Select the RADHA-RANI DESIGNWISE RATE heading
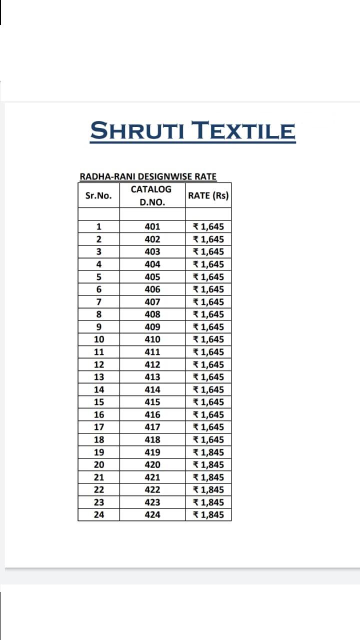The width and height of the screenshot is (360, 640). [148, 176]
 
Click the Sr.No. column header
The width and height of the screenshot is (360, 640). [98, 195]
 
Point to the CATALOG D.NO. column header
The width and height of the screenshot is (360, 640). [151, 195]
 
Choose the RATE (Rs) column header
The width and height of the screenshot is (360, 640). [208, 195]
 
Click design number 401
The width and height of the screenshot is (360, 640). [152, 227]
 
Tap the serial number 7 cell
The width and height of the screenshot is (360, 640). [99, 302]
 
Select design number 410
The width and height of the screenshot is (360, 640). [152, 339]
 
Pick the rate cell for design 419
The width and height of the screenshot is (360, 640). [208, 452]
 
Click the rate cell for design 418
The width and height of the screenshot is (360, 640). [208, 440]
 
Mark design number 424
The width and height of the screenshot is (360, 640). [152, 515]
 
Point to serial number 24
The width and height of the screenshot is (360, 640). [99, 515]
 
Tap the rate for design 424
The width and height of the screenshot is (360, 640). [208, 515]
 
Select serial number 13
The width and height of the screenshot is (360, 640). [99, 377]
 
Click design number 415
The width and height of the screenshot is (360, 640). [152, 402]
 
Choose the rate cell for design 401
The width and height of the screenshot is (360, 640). [208, 227]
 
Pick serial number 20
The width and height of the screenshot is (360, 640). [99, 465]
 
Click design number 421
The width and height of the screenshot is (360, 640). [152, 477]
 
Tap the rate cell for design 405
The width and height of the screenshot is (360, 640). [208, 277]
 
